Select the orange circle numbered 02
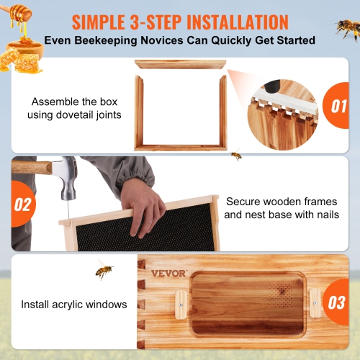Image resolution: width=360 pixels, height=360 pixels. (x=23, y=204)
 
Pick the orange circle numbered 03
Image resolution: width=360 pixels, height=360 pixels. (x=336, y=303)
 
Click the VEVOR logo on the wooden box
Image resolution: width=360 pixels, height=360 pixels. (x=168, y=273)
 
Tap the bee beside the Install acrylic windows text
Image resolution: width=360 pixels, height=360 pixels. (x=104, y=270)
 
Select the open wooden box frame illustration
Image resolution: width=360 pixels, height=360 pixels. (x=180, y=108)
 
